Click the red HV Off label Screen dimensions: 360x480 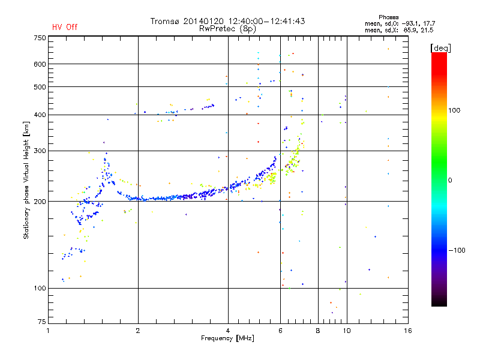point(65,27)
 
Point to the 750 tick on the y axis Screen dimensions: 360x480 point(39,38)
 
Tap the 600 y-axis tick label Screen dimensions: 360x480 point(39,64)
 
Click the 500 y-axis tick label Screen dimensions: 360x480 point(39,87)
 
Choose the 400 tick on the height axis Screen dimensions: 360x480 point(39,115)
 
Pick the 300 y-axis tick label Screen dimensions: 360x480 point(39,151)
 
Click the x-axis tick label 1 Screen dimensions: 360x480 point(49,331)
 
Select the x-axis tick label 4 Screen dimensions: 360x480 point(228,331)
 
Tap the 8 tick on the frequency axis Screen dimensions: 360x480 point(318,331)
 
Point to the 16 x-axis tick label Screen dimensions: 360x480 point(407,331)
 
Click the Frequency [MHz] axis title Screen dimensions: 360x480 point(227,339)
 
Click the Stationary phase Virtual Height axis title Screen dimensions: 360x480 point(26,181)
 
